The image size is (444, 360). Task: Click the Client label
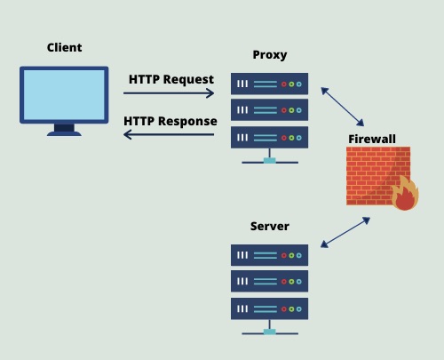coord(64,47)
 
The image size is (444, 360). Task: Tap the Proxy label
coord(270,55)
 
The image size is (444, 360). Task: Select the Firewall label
coord(372,139)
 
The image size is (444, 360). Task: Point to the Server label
coord(270,226)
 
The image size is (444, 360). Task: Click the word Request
coord(188,79)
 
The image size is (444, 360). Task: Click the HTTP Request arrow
coord(169,93)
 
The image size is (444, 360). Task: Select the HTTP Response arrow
coord(169,134)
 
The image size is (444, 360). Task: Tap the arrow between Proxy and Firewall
coord(343,107)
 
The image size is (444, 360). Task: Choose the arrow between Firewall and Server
coord(345,232)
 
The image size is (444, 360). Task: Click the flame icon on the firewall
coord(405,193)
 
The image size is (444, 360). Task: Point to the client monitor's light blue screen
coord(64,95)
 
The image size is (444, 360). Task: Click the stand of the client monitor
coord(64,130)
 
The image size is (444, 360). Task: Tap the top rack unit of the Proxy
coord(269,84)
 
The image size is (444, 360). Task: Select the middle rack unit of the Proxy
coord(269,110)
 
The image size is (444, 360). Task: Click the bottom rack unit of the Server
coord(269,308)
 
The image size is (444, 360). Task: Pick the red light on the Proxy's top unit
coord(284,84)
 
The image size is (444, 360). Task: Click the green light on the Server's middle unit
coord(291,282)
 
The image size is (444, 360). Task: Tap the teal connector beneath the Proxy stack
coord(270,161)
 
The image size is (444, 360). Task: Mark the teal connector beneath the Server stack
coord(270,332)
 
